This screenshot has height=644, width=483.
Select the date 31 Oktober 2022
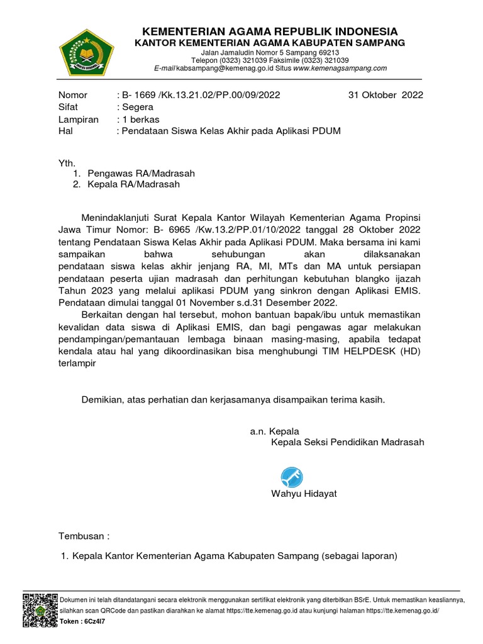[386, 95]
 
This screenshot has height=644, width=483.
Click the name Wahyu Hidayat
[304, 494]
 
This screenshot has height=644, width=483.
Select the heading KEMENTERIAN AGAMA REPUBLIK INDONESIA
[270, 31]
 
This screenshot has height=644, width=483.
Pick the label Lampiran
[79, 119]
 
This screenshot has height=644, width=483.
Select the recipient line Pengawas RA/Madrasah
[142, 173]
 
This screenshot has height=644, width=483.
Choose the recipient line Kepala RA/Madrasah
[134, 184]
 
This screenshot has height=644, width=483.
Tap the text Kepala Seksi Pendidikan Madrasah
[347, 442]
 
